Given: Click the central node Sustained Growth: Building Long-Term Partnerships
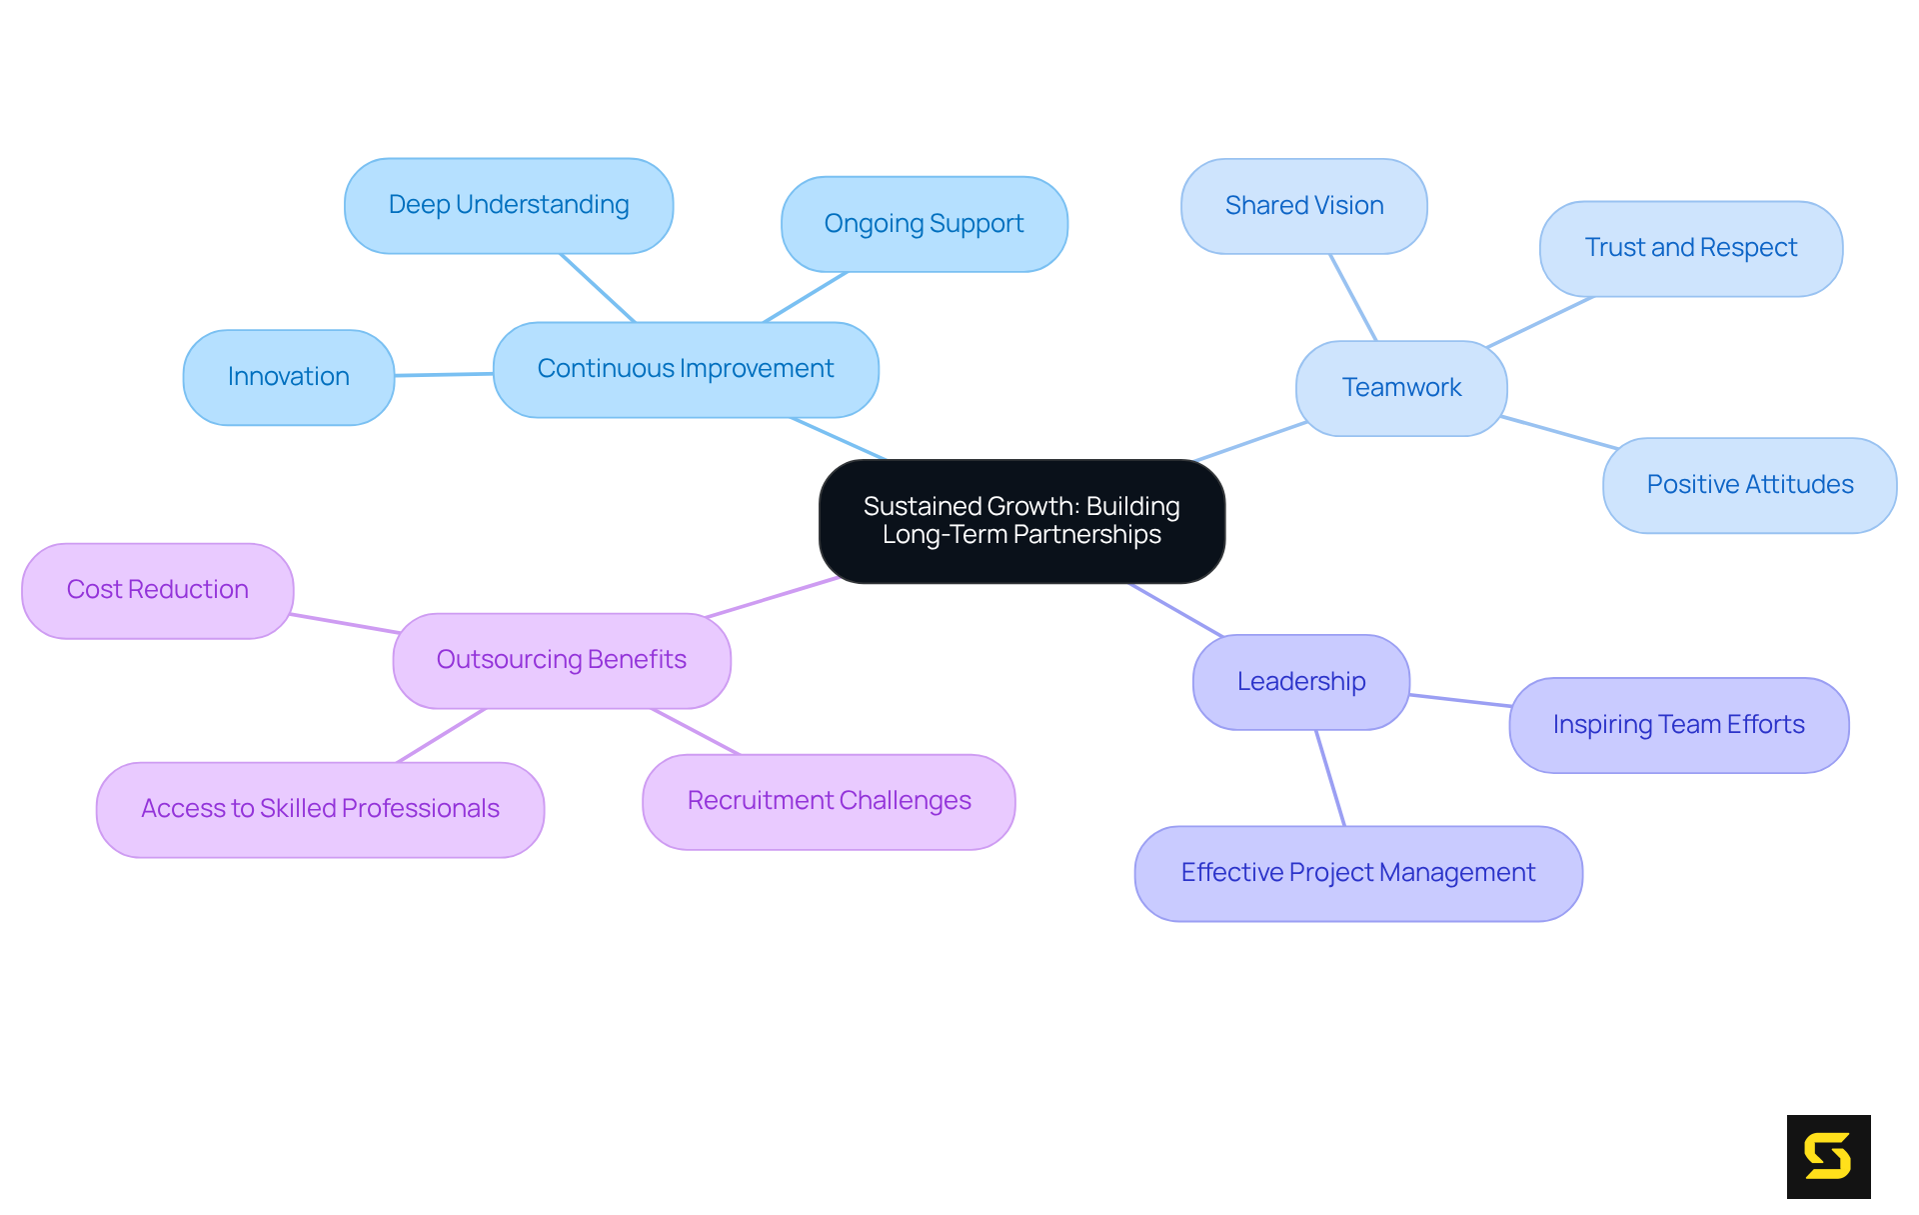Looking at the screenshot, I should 1021,521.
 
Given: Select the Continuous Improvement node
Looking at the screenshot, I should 686,369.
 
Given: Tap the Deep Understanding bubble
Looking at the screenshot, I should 509,205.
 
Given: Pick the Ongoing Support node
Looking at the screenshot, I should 924,224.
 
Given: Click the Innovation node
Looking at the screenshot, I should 289,377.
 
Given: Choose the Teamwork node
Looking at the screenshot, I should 1401,388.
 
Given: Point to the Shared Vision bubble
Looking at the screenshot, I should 1303,206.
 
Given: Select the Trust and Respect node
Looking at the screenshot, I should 1690,248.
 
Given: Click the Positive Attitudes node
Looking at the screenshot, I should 1749,485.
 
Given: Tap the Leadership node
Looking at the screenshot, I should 1300,682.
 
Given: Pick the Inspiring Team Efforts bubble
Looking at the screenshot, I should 1678,725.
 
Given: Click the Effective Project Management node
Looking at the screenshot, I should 1357,873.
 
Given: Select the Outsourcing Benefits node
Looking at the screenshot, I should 562,660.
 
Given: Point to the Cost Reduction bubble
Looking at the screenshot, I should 158,590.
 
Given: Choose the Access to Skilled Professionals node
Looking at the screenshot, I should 320,809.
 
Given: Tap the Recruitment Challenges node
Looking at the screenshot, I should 829,801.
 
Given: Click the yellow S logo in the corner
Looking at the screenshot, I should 1828,1156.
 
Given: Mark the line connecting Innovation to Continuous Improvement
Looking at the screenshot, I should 444,374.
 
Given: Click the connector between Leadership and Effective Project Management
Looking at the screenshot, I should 1330,778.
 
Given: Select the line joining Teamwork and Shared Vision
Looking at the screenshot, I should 1353,297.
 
